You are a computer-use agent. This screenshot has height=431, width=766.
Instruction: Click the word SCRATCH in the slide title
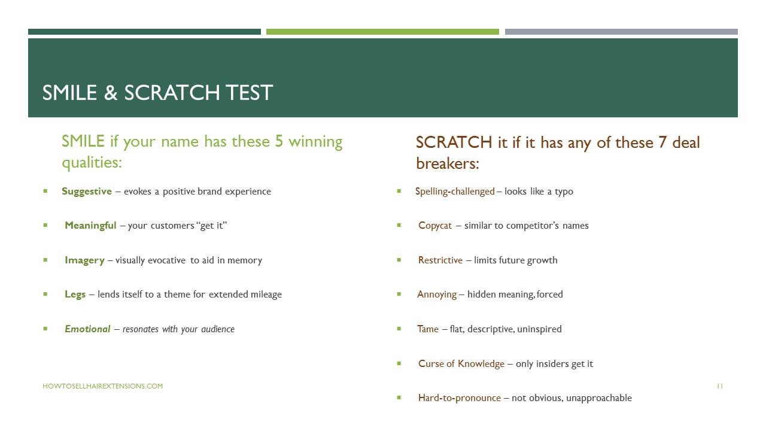click(172, 93)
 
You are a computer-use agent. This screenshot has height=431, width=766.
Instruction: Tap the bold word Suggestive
click(87, 192)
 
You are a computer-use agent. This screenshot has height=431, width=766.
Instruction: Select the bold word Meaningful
click(90, 226)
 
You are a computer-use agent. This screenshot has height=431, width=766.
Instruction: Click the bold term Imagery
click(84, 260)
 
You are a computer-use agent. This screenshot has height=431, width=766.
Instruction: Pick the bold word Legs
click(75, 295)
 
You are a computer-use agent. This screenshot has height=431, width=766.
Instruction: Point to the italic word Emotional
click(87, 329)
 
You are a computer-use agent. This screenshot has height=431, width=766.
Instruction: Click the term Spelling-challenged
click(455, 192)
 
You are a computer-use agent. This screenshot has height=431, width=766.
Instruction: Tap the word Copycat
click(435, 226)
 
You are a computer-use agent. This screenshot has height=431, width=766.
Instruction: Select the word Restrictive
click(440, 260)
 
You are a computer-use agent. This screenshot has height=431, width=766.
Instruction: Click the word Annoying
click(437, 295)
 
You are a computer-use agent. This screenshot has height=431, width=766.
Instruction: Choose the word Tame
click(428, 329)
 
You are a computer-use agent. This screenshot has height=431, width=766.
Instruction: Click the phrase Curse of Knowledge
click(461, 363)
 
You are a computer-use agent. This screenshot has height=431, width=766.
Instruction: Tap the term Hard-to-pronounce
click(459, 398)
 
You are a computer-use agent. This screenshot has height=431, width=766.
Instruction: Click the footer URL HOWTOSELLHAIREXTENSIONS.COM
click(102, 386)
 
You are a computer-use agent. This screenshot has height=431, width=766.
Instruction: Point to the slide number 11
click(720, 386)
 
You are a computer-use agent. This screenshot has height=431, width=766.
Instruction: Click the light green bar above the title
click(382, 32)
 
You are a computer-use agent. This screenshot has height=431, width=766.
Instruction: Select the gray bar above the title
click(621, 32)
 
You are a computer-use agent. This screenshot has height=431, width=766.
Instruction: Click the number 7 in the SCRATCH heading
click(662, 142)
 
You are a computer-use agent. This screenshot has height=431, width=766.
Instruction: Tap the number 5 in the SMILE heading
click(279, 141)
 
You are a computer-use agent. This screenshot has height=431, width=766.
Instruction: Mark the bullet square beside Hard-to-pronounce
click(399, 397)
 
